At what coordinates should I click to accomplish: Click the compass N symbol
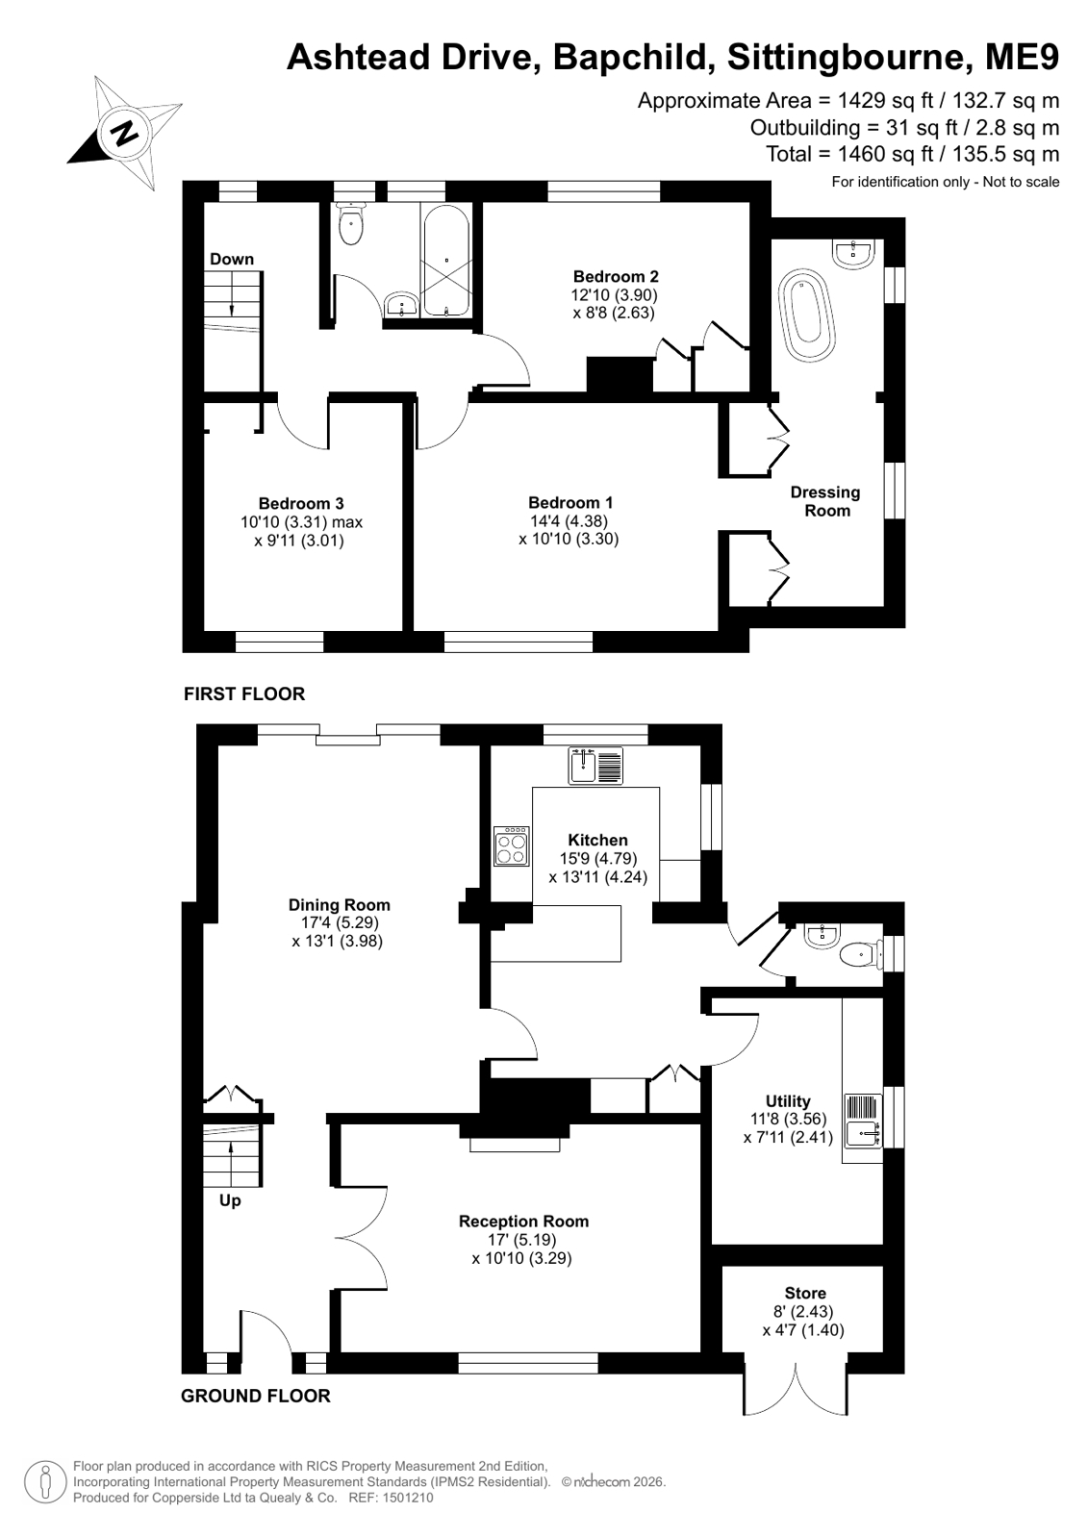pyautogui.click(x=124, y=132)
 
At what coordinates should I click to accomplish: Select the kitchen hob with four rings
pyautogui.click(x=512, y=845)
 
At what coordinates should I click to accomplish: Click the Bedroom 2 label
pyautogui.click(x=616, y=277)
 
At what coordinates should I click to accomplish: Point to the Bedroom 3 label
pyautogui.click(x=301, y=503)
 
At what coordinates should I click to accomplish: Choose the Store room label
pyautogui.click(x=805, y=1293)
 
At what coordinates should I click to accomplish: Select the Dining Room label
pyautogui.click(x=339, y=905)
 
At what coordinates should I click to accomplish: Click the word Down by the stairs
pyautogui.click(x=232, y=259)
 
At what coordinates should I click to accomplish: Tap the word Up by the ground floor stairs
pyautogui.click(x=230, y=1200)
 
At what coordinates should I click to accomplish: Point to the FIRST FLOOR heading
pyautogui.click(x=243, y=693)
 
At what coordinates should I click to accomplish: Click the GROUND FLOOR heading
pyautogui.click(x=256, y=1396)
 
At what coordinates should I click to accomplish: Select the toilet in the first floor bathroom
pyautogui.click(x=351, y=224)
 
